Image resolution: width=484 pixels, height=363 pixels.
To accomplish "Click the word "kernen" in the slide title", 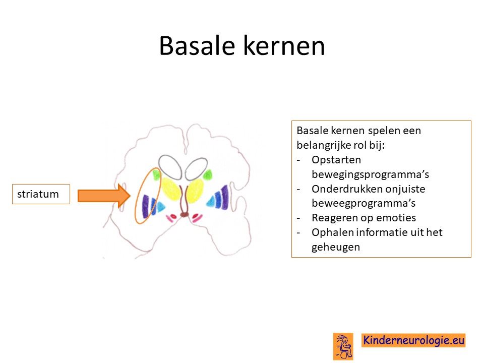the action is [284, 46].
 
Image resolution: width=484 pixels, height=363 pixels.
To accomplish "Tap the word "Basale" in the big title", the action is [197, 46].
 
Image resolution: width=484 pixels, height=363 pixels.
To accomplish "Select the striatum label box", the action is [41, 194].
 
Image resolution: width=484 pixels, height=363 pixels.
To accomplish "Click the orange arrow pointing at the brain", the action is [104, 196].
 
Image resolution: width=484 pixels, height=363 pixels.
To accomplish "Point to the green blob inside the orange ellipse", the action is [156, 175].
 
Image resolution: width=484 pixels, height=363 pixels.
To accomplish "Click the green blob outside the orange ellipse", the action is [207, 175].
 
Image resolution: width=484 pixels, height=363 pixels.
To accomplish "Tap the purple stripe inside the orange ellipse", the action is [145, 206].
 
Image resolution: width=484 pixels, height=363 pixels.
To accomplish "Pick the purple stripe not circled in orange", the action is [225, 197].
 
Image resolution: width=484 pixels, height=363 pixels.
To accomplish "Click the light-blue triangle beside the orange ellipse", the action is [160, 207].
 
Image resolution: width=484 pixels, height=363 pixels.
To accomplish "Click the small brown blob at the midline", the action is [185, 214].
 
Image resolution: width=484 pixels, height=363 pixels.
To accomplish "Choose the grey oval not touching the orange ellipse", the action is [196, 168].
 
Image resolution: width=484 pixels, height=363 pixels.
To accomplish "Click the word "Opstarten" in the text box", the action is [336, 160].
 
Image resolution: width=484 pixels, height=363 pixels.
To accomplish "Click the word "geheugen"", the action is [336, 247].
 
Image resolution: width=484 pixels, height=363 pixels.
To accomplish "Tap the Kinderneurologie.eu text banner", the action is [413, 340].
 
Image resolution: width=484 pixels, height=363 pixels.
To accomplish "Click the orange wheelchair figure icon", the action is [343, 346].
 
